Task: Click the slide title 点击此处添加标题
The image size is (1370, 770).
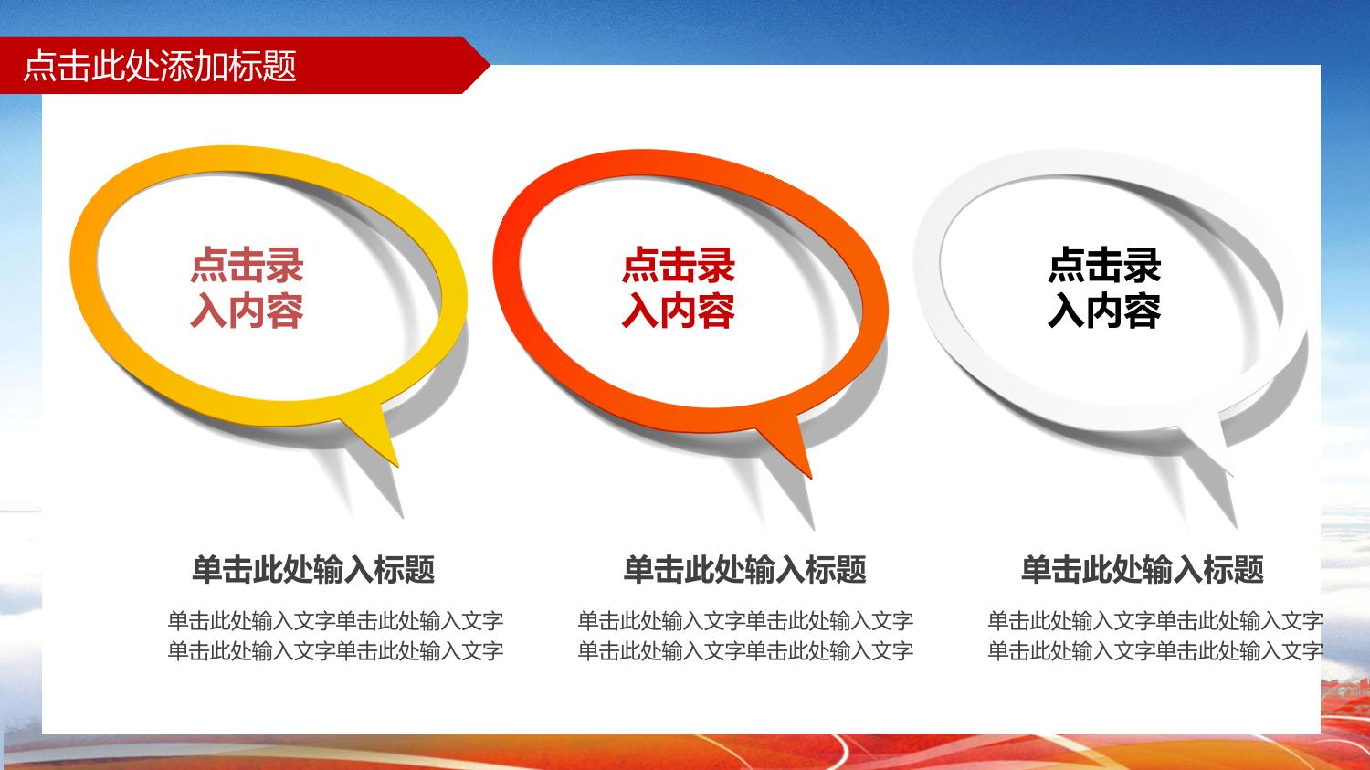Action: [x=160, y=66]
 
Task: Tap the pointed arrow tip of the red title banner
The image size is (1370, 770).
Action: [x=490, y=64]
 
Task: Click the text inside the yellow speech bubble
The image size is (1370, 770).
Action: [x=248, y=288]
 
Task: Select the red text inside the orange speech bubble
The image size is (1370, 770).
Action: [x=679, y=288]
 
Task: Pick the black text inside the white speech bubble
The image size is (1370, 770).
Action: [x=1104, y=288]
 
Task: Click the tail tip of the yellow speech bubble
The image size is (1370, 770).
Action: [x=397, y=466]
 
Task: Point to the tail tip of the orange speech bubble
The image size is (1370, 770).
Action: [x=810, y=477]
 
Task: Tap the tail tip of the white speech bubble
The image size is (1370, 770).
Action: [x=1232, y=475]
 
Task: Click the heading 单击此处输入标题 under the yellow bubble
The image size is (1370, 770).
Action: [x=314, y=569]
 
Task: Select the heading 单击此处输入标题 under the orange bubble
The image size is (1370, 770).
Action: [x=745, y=569]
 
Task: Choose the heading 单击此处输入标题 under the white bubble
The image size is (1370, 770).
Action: [x=1143, y=569]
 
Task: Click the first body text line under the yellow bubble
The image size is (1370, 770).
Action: [x=335, y=621]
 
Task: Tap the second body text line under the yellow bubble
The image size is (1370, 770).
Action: [x=335, y=650]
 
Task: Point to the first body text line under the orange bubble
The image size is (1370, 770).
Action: [x=745, y=621]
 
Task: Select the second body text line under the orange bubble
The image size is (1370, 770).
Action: [x=745, y=650]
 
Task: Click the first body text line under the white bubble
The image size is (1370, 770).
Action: [x=1154, y=621]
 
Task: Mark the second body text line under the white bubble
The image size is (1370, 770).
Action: [x=1154, y=650]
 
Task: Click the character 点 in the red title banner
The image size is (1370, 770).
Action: [x=40, y=66]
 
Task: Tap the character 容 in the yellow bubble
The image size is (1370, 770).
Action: [x=285, y=311]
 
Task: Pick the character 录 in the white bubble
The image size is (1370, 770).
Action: [x=1143, y=266]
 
